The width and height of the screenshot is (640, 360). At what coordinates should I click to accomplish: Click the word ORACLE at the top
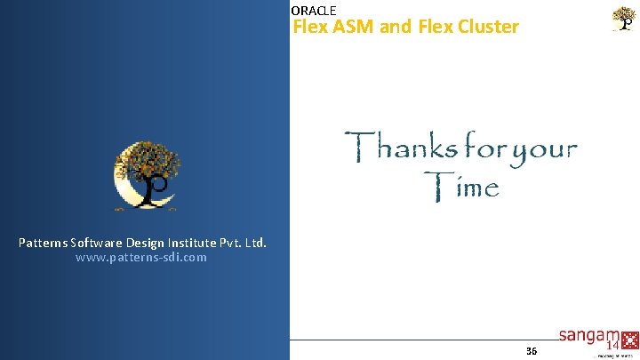(314, 11)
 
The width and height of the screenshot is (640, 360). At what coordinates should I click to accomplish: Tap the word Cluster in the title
(489, 27)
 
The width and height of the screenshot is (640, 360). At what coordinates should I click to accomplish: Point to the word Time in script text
(461, 187)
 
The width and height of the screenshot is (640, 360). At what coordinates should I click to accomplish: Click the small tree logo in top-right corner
(625, 19)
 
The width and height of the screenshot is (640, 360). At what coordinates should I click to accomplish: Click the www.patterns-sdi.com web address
(141, 258)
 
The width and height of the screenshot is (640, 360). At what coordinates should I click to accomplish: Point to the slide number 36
(532, 351)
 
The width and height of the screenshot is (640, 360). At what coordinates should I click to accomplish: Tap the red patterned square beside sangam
(631, 340)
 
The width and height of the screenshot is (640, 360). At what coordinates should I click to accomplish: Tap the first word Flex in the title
(310, 27)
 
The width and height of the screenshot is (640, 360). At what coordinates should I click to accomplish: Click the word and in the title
(396, 27)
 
